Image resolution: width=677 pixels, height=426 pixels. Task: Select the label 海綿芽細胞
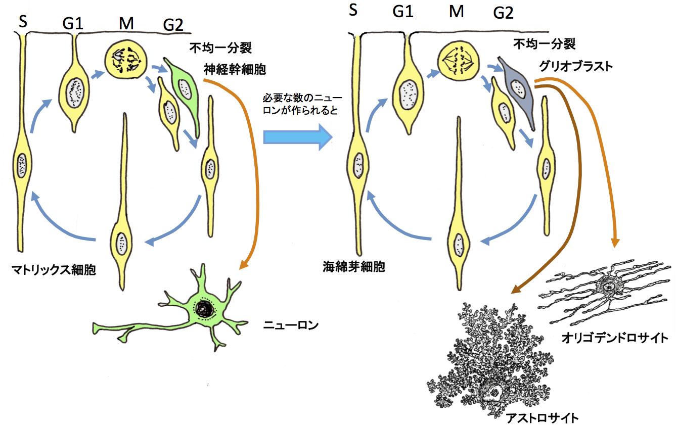[354, 267]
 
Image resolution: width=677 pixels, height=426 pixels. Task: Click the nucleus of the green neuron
[205, 308]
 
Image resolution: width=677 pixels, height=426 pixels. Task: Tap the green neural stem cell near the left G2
[182, 88]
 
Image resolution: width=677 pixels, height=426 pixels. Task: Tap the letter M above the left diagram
[126, 23]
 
